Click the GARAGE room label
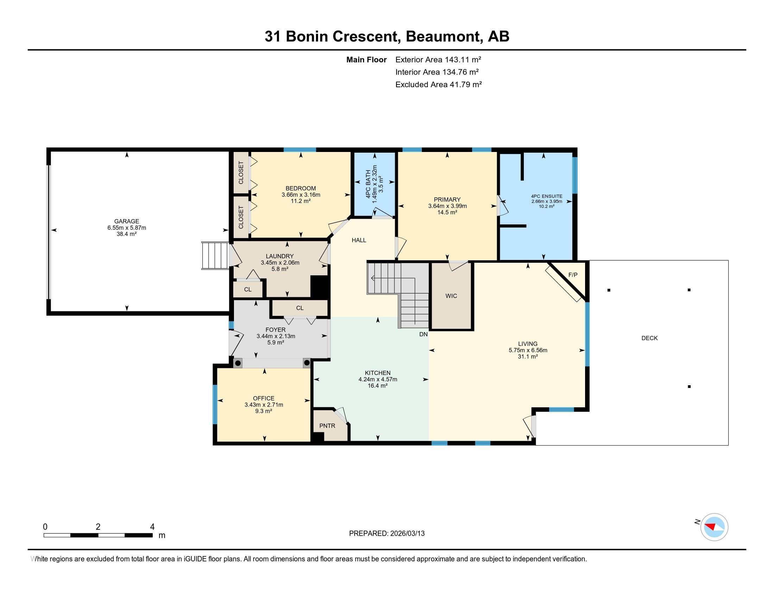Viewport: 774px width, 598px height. click(127, 221)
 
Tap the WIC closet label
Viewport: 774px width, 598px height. click(451, 296)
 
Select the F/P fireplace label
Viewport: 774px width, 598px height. click(573, 275)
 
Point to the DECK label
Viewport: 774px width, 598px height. click(649, 338)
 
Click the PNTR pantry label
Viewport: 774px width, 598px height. click(327, 426)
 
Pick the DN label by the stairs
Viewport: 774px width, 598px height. click(423, 334)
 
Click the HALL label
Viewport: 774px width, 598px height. click(359, 240)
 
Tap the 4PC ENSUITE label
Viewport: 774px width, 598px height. click(546, 196)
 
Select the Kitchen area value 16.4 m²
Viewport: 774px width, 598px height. click(378, 386)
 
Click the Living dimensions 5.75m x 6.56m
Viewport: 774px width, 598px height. click(528, 350)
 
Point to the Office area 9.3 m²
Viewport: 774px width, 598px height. click(263, 411)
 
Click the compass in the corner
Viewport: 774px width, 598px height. click(714, 527)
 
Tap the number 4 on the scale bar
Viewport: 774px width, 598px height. click(152, 527)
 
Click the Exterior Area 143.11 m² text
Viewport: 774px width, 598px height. click(438, 59)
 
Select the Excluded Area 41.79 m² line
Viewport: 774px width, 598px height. click(438, 84)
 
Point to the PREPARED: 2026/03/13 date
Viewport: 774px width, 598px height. click(387, 533)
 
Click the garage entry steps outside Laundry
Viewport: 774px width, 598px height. click(215, 255)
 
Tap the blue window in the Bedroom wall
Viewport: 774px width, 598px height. click(300, 149)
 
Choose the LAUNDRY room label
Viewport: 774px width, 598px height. click(280, 256)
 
